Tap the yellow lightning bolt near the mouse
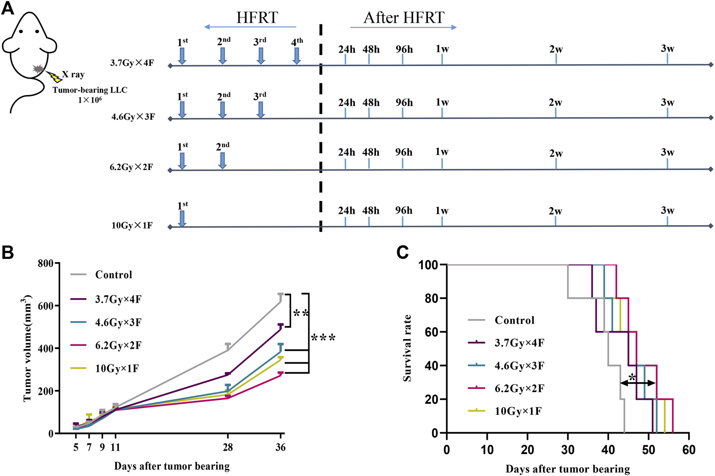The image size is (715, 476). coord(55,77)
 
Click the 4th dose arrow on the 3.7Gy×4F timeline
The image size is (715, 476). coord(297,56)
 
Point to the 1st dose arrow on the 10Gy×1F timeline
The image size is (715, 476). coord(182,218)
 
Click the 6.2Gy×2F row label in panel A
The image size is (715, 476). coord(131,167)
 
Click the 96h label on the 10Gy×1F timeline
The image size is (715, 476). coord(403,210)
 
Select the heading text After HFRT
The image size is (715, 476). coord(404,17)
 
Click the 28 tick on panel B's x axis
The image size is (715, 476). coord(228,447)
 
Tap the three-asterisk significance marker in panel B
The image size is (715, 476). coord(323,338)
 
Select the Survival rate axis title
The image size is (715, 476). coord(407,348)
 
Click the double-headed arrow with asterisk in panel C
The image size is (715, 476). coord(637,383)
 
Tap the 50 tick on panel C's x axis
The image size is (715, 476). coord(648,450)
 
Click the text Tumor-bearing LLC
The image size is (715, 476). coord(90,90)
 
